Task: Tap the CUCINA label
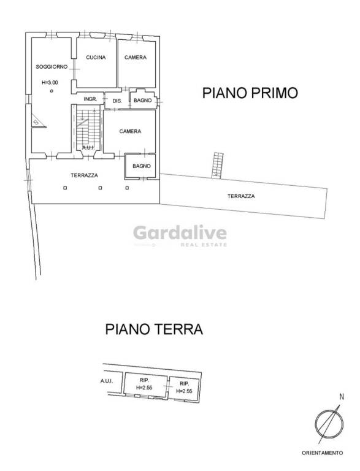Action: click(x=96, y=58)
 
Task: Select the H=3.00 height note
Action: click(x=50, y=82)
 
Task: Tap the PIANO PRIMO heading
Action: click(x=250, y=93)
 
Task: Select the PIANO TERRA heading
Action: click(x=154, y=329)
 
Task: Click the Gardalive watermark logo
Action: click(x=180, y=233)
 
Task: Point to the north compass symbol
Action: click(x=329, y=424)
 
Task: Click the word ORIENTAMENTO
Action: click(x=322, y=453)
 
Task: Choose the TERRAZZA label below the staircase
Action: click(x=84, y=175)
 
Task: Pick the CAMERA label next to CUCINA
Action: click(x=135, y=58)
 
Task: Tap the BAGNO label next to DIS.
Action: click(x=142, y=100)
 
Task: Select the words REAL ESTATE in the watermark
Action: click(x=204, y=245)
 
